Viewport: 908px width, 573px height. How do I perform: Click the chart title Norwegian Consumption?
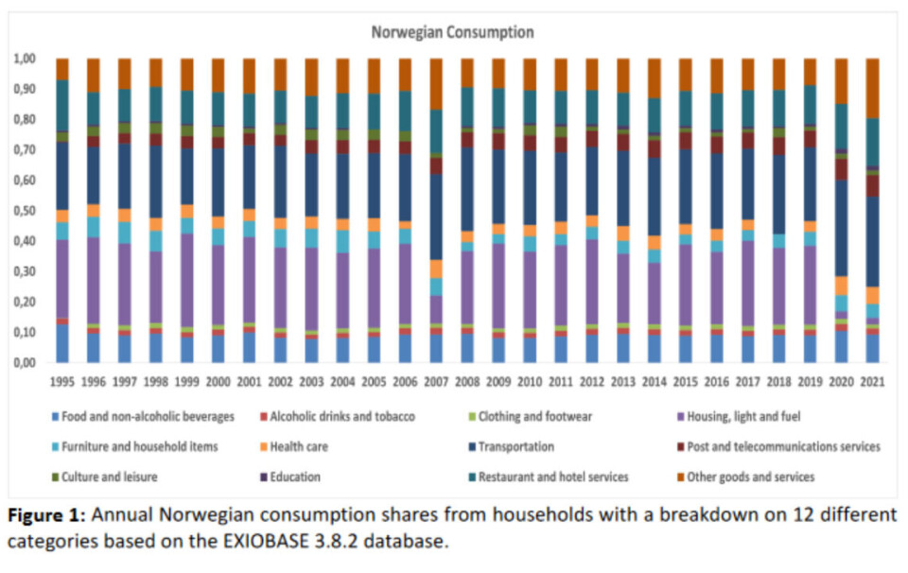tap(452, 32)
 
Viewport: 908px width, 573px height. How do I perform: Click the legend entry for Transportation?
tap(515, 446)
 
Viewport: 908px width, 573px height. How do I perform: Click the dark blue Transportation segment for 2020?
tap(842, 227)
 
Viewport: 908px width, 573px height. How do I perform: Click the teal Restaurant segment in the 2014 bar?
tap(655, 114)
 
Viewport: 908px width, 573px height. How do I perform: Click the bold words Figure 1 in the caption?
tap(48, 515)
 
